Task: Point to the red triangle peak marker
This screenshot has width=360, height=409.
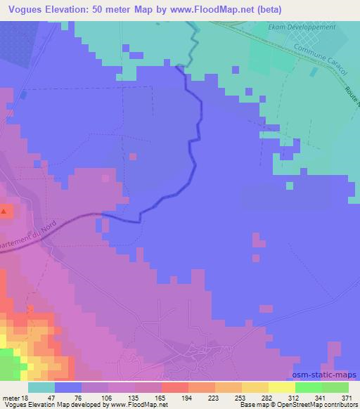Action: click(x=4, y=211)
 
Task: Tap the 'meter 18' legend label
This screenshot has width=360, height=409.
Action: click(x=16, y=398)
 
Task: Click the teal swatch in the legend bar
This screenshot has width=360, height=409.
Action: click(x=41, y=387)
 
